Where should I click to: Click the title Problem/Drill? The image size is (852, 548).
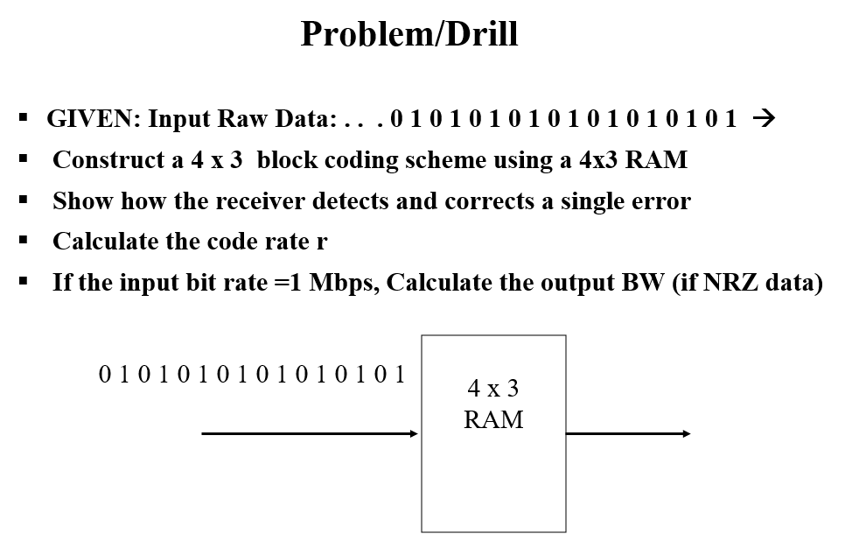pyautogui.click(x=409, y=34)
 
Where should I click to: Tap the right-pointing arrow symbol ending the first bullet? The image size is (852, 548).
pyautogui.click(x=765, y=118)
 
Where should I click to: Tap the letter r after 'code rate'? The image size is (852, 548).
pyautogui.click(x=322, y=242)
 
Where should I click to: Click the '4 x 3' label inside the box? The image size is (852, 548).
pyautogui.click(x=493, y=388)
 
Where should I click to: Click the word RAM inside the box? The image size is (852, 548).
pyautogui.click(x=493, y=419)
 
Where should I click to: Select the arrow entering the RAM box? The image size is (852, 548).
pyautogui.click(x=311, y=433)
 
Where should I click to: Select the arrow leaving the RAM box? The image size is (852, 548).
pyautogui.click(x=628, y=433)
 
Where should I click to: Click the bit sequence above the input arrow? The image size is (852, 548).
pyautogui.click(x=253, y=376)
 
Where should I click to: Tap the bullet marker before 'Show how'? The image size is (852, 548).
pyautogui.click(x=24, y=200)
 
